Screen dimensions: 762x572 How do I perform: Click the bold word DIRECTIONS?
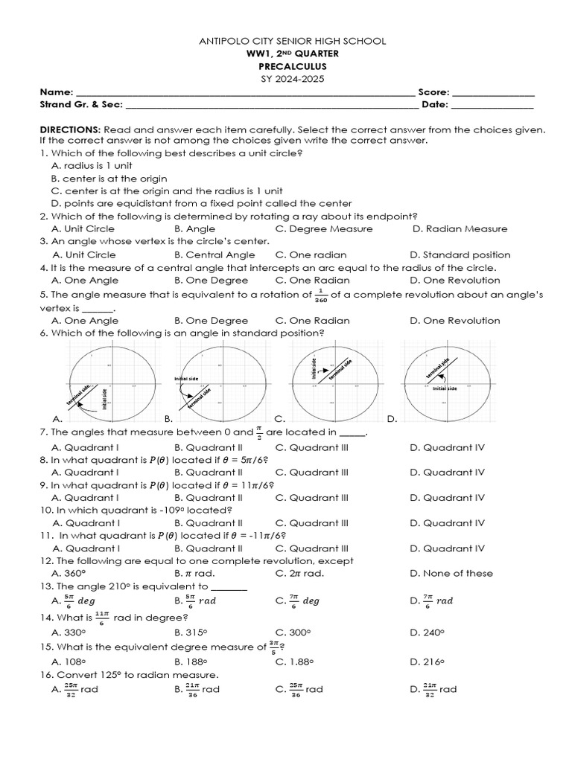[x=70, y=129]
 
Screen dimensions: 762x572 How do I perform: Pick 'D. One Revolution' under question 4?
[x=454, y=280]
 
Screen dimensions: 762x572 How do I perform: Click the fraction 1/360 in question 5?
[x=321, y=295]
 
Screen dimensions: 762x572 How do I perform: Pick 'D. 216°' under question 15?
[x=427, y=661]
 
